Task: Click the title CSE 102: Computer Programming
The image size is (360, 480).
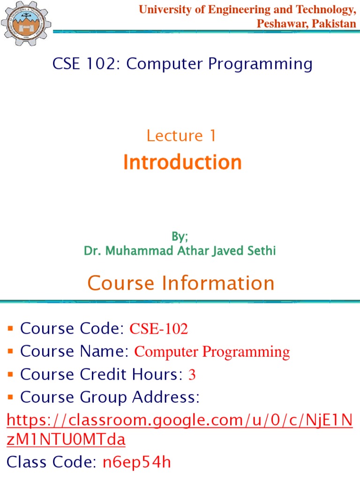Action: (x=182, y=64)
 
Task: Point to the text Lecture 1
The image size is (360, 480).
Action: (x=181, y=135)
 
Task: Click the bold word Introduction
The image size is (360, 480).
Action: (x=182, y=162)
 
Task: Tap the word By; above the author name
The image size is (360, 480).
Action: (x=180, y=236)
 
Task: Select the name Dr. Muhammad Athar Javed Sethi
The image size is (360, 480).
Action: (x=180, y=251)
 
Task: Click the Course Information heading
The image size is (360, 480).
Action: (x=181, y=283)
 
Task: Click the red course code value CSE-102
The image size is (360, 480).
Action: (x=158, y=330)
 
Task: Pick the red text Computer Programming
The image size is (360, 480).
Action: (x=212, y=352)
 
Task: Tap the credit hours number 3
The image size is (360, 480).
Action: (x=191, y=375)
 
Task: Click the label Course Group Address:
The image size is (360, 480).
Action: (x=110, y=397)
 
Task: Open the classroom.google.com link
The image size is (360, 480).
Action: (x=180, y=420)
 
